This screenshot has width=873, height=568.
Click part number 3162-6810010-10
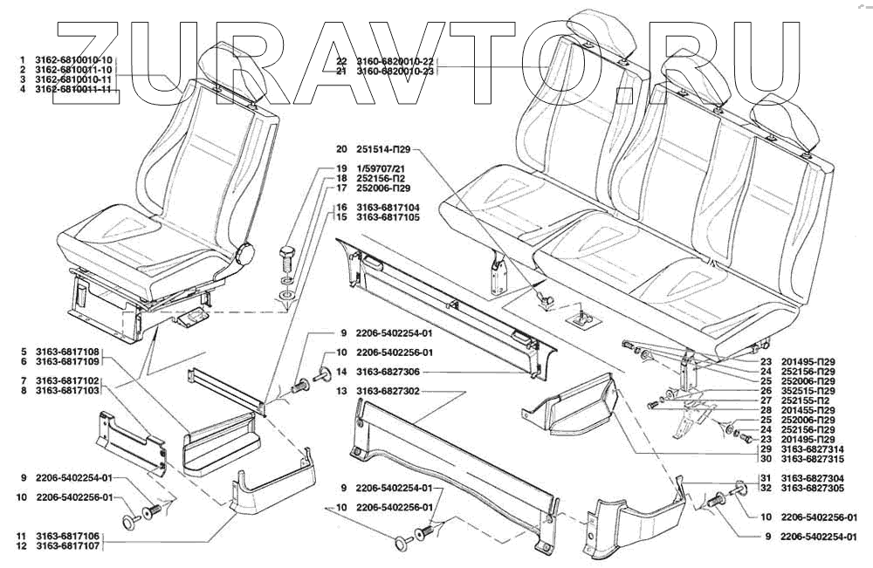point(74,58)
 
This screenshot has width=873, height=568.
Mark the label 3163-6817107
point(68,545)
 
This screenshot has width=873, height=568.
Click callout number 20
point(340,148)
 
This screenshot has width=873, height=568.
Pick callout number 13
point(340,392)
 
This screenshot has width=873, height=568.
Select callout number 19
point(340,168)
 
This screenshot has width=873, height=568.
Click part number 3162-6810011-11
point(74,89)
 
